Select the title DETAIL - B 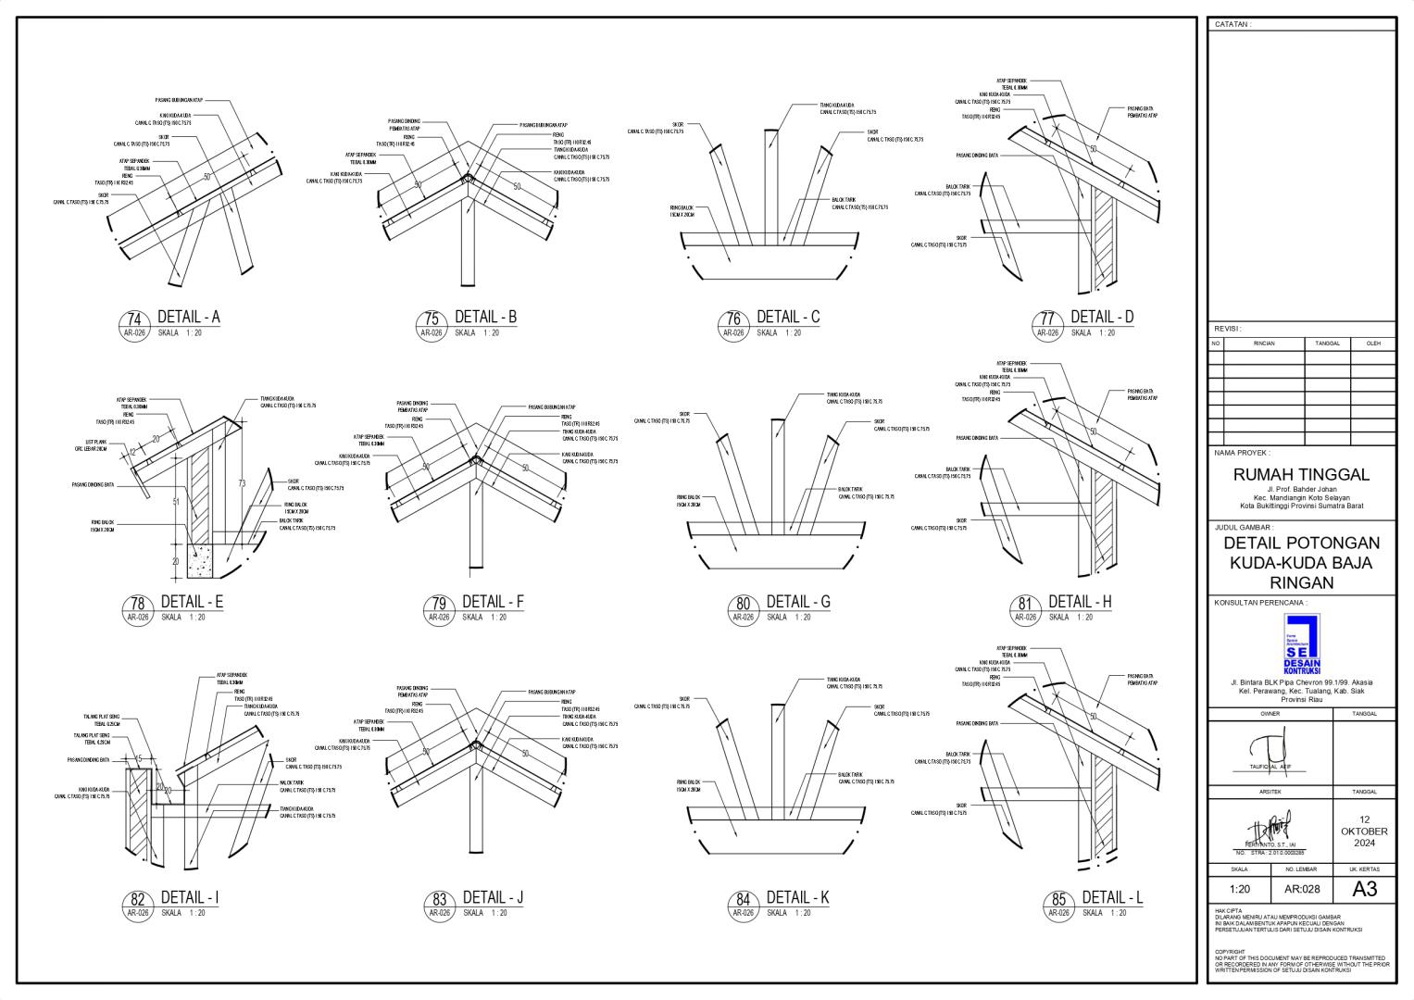pos(485,318)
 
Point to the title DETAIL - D pos(1102,317)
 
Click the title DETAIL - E pos(193,602)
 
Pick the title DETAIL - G pos(798,602)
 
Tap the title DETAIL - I pos(190,897)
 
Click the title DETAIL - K pos(797,897)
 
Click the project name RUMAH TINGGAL pos(1301,475)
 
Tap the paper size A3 pos(1365,890)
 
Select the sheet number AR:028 pos(1301,890)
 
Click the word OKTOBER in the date pos(1364,831)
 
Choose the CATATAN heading pos(1233,25)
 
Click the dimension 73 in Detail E pos(242,483)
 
